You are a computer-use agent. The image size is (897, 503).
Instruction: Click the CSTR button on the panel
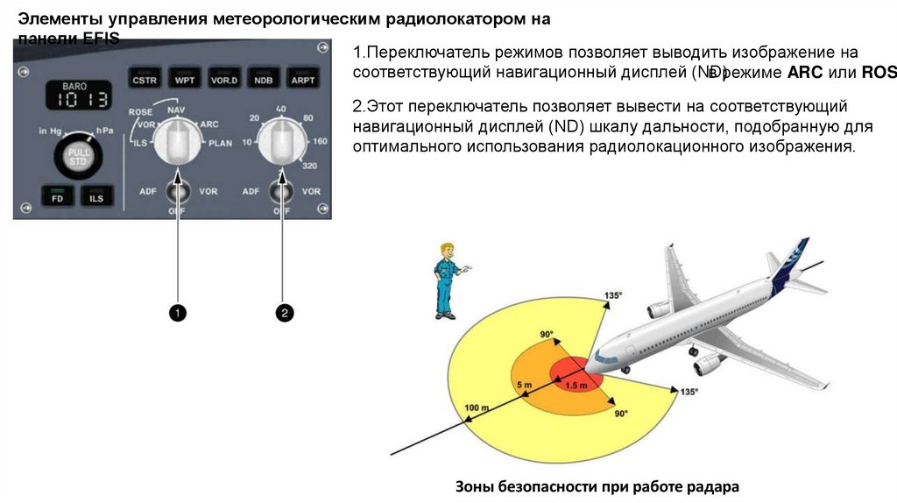[x=143, y=80]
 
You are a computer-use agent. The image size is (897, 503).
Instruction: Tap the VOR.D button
[x=224, y=80]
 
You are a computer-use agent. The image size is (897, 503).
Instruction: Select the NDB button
[x=264, y=80]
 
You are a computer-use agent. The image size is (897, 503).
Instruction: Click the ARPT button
[x=303, y=80]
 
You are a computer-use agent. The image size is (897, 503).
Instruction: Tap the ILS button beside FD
[x=95, y=198]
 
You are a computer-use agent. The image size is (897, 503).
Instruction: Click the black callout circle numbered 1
[x=178, y=312]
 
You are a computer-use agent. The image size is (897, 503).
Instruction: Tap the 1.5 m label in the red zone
[x=575, y=385]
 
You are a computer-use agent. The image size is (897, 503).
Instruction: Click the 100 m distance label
[x=477, y=408]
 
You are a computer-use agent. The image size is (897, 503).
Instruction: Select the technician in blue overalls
[x=447, y=280]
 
